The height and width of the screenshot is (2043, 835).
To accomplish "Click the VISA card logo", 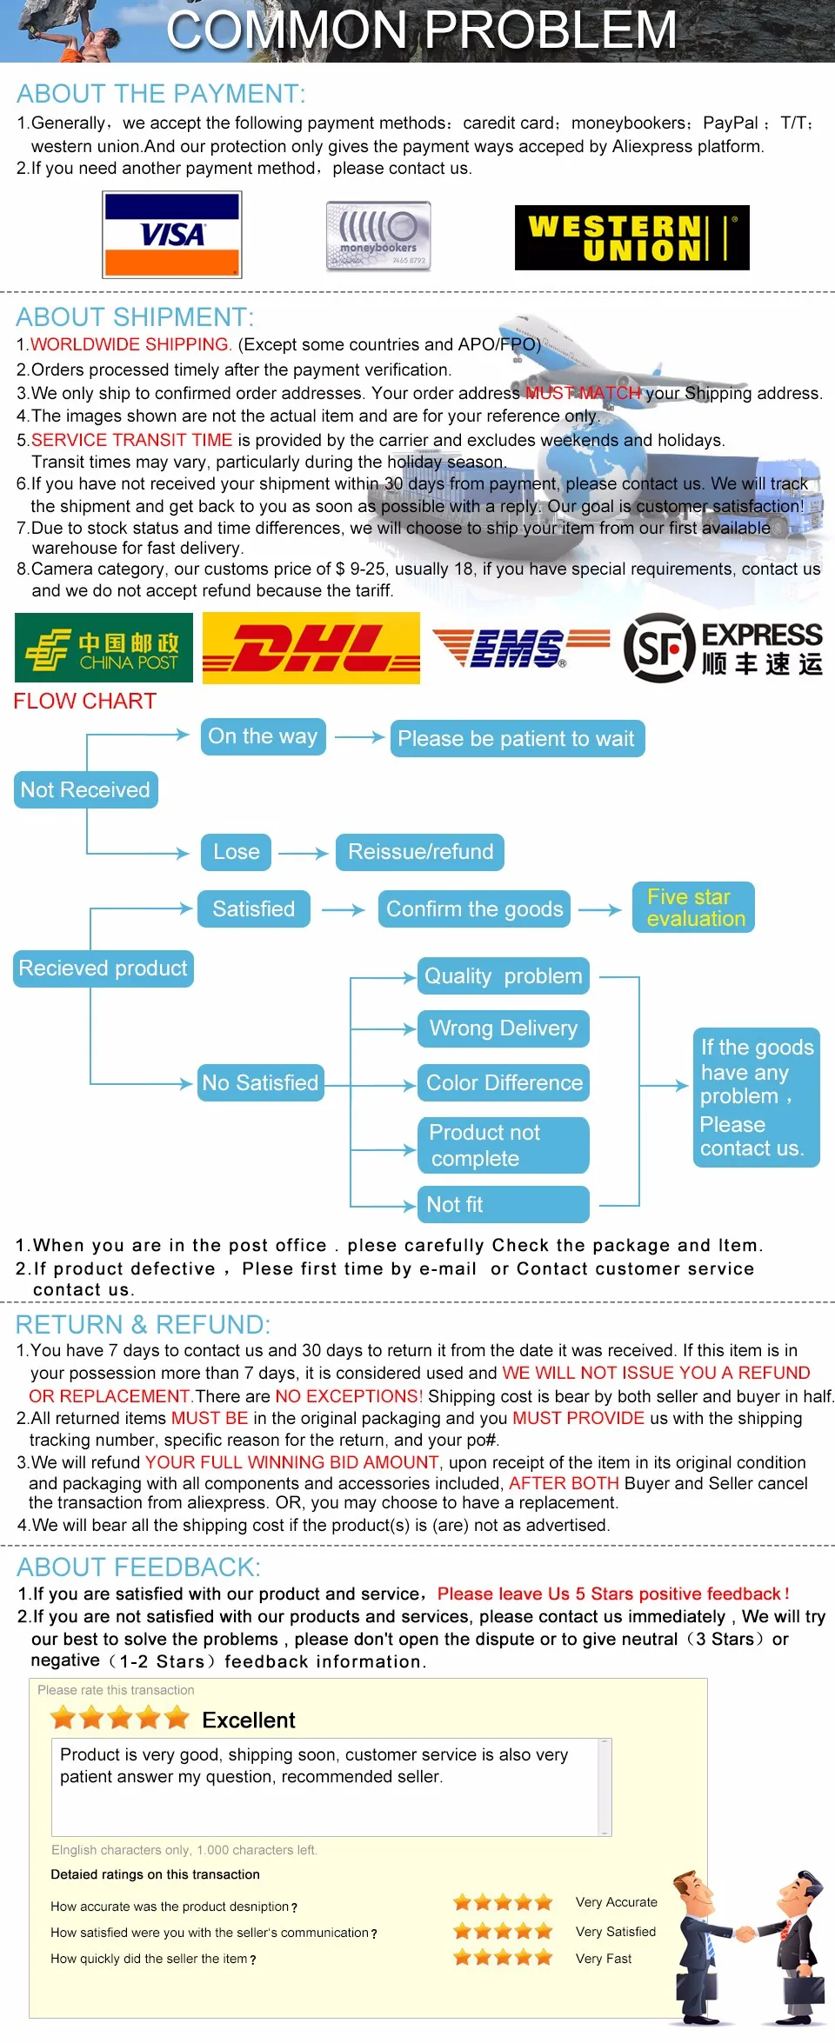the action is click(171, 235).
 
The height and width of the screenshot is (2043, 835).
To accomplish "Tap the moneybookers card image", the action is click(378, 236).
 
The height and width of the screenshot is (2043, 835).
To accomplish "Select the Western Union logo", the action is click(632, 237).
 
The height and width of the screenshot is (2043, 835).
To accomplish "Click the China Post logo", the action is click(104, 648).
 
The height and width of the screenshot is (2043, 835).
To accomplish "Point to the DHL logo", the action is click(311, 648).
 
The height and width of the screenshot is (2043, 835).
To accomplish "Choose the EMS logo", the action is click(521, 649).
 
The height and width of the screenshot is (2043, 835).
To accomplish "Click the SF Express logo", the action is click(723, 648).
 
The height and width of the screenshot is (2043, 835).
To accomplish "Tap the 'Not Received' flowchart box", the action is click(85, 789).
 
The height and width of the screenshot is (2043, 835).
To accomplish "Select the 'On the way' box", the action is click(263, 736).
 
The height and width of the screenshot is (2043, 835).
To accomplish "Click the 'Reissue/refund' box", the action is click(420, 852).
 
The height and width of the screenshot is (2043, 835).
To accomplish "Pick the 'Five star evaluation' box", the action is click(693, 908).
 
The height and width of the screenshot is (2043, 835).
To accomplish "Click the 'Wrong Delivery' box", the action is click(504, 1028).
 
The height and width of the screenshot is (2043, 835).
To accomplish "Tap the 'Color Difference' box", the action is click(504, 1083).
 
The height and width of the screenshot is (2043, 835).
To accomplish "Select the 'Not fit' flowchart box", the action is click(504, 1204).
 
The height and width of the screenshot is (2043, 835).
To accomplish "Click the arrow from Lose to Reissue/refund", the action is click(303, 854).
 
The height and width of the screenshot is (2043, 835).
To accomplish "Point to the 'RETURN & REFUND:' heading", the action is click(144, 1325).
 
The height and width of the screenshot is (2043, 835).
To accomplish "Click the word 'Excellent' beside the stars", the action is click(249, 1720).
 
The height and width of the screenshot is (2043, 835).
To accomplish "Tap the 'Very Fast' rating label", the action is click(604, 1959).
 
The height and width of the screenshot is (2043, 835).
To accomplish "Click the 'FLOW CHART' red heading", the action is click(85, 701).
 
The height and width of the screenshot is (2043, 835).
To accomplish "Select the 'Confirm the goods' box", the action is click(475, 909).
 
